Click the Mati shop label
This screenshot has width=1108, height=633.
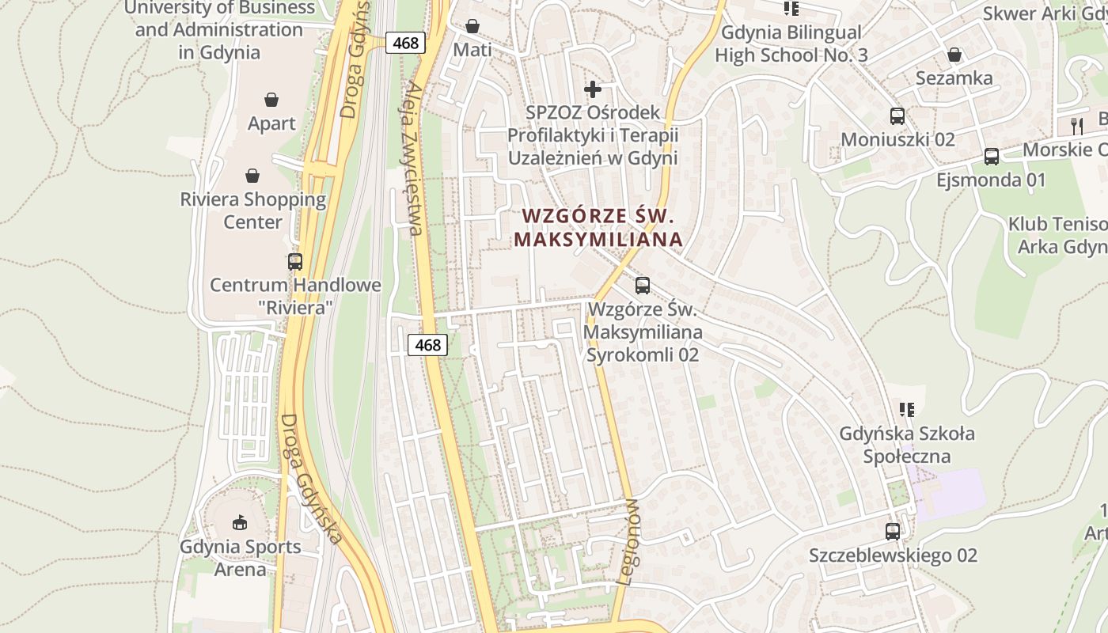coord(472,50)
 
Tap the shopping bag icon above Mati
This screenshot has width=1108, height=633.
coord(472,26)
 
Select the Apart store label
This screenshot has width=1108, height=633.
coord(271,123)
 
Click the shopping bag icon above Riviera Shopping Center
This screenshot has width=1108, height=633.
coord(252,175)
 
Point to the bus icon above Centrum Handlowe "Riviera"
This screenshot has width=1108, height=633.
coord(295,261)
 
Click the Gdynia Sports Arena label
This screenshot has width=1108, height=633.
coord(240,558)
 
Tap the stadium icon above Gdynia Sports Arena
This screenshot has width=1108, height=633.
coord(240,521)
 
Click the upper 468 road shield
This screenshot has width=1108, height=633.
coord(405,43)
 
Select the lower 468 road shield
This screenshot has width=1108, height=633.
coord(427,345)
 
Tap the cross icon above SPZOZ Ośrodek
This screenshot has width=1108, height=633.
coord(592,89)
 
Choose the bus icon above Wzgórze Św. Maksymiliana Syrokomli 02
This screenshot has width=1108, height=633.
coord(643,285)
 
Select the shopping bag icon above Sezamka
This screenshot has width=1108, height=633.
coord(954,55)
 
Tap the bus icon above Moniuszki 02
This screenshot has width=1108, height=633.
coord(897,116)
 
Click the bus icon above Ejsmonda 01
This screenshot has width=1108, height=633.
coord(992,157)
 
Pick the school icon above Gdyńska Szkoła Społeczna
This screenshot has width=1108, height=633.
coord(907,410)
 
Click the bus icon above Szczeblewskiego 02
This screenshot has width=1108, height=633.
coord(893,532)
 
